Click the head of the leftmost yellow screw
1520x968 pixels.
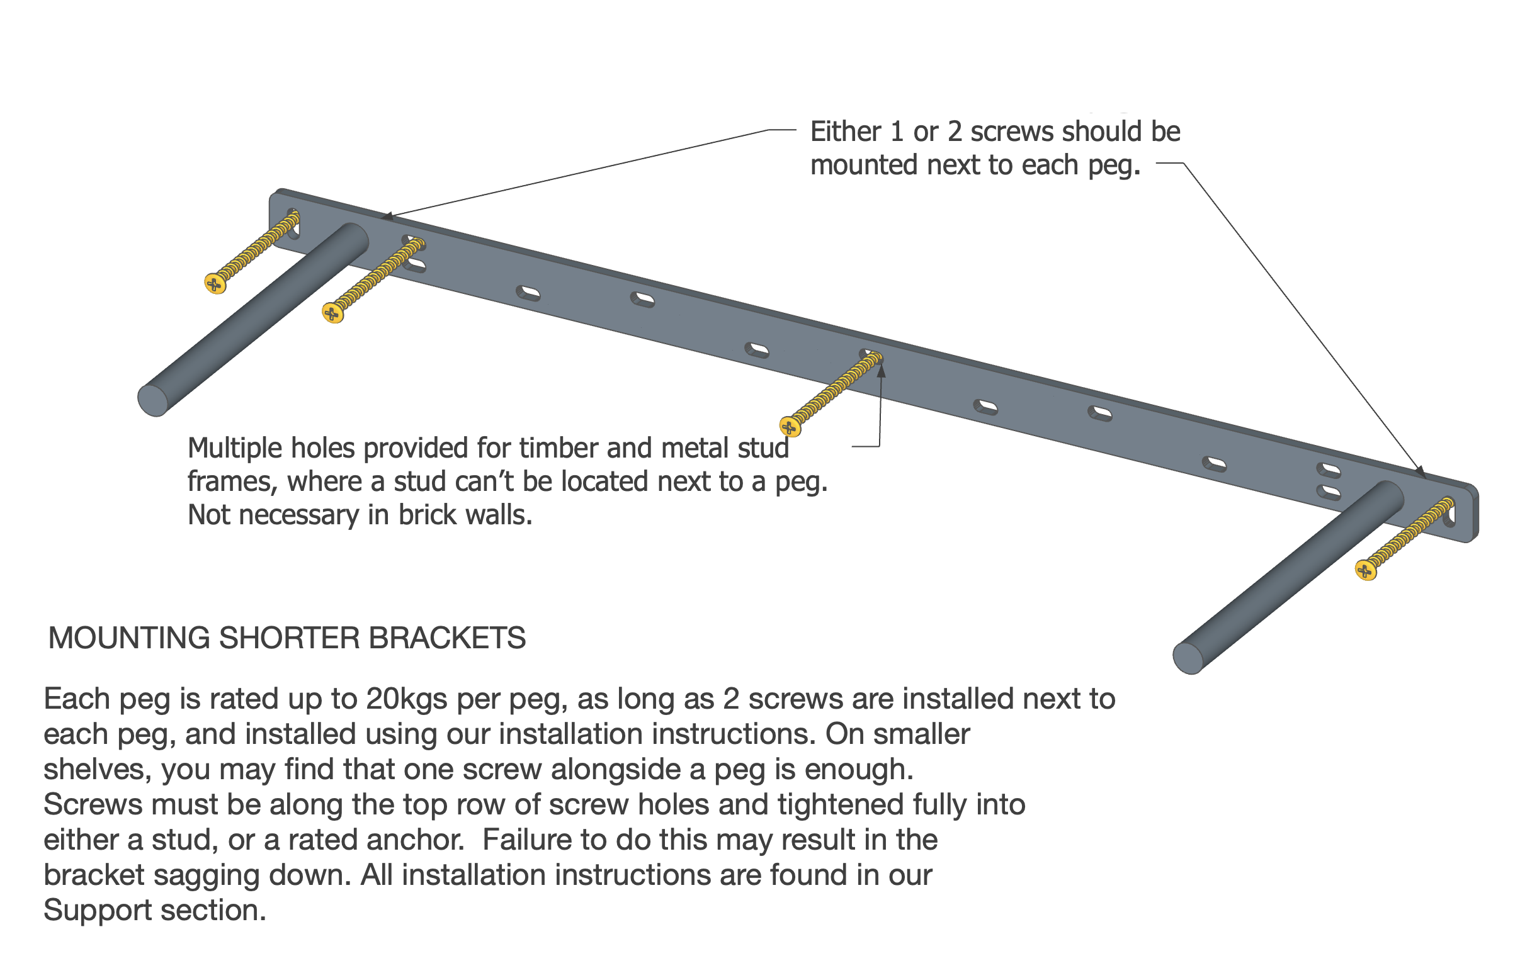pyautogui.click(x=215, y=284)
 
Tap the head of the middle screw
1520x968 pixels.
pyautogui.click(x=790, y=427)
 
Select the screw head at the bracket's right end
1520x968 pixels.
pyautogui.click(x=1365, y=571)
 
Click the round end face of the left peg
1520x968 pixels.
pyautogui.click(x=153, y=400)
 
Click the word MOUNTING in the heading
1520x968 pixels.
pyautogui.click(x=129, y=638)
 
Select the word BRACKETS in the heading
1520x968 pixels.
pyautogui.click(x=447, y=638)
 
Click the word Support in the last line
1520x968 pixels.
pyautogui.click(x=97, y=911)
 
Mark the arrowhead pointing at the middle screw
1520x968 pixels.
pyautogui.click(x=881, y=371)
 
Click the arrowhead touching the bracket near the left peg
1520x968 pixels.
pyautogui.click(x=387, y=217)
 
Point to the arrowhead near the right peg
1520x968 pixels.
pyautogui.click(x=1421, y=471)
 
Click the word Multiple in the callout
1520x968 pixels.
pyautogui.click(x=235, y=448)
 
